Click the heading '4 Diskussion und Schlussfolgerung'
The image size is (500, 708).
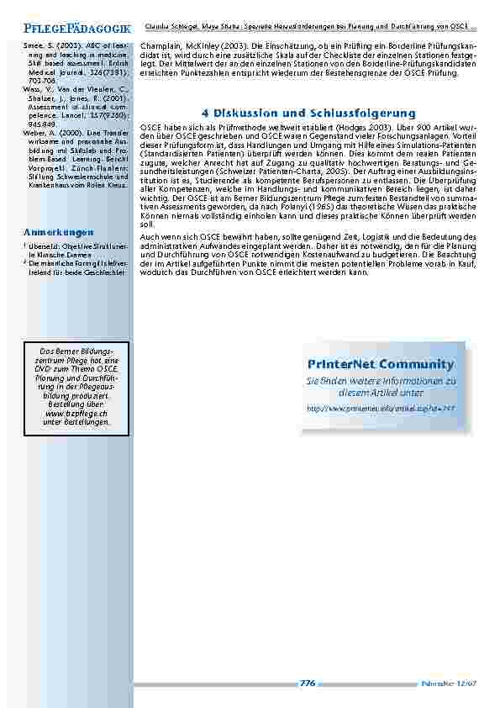pyautogui.click(x=308, y=113)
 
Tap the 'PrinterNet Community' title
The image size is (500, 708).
pyautogui.click(x=381, y=364)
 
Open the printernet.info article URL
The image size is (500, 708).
pyautogui.click(x=381, y=407)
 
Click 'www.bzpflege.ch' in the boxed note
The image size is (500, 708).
pyautogui.click(x=76, y=414)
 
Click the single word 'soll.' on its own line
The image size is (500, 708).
pyautogui.click(x=146, y=225)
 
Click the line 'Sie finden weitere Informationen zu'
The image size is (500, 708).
pyautogui.click(x=381, y=381)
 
